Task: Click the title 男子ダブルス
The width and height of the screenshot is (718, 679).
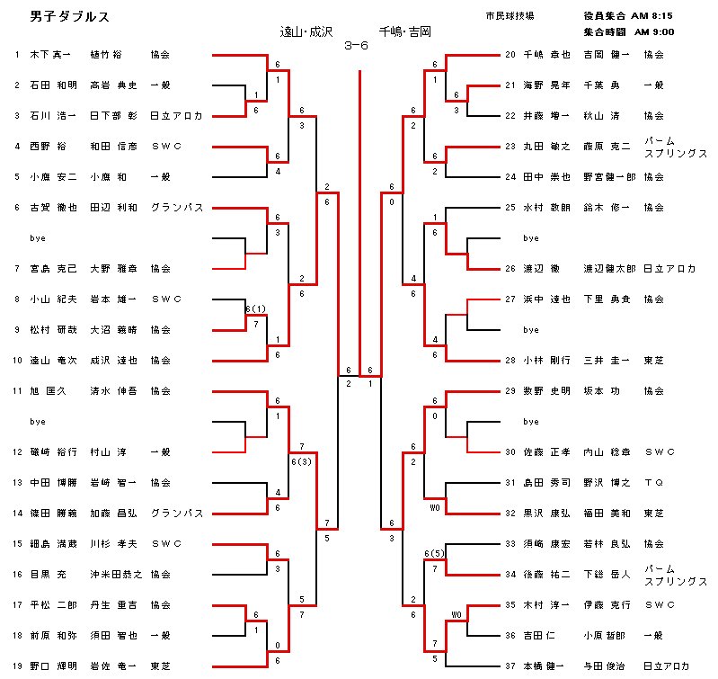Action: (x=60, y=18)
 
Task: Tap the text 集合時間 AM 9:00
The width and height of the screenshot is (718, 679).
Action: (x=628, y=31)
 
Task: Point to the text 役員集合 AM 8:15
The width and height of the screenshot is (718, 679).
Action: (x=628, y=16)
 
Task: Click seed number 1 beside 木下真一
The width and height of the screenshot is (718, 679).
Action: (x=16, y=55)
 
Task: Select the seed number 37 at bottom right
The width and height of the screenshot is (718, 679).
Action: (x=510, y=666)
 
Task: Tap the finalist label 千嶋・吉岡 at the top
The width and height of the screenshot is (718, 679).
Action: (x=404, y=31)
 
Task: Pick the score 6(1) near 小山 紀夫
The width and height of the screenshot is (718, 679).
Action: (x=256, y=308)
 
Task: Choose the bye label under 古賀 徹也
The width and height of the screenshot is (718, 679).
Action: (x=38, y=238)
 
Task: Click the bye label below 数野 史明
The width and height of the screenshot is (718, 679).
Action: (x=530, y=422)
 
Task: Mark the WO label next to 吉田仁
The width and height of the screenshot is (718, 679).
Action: (x=457, y=616)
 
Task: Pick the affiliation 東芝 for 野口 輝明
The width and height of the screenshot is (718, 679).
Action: (x=160, y=666)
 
